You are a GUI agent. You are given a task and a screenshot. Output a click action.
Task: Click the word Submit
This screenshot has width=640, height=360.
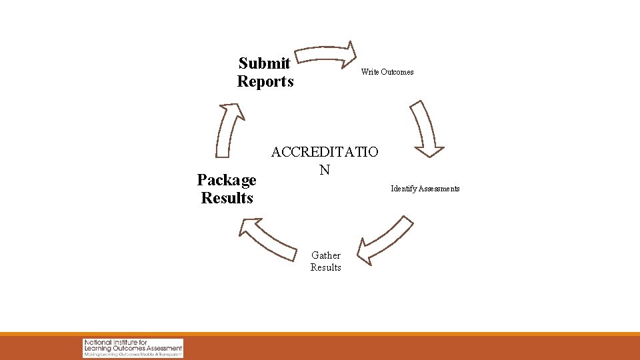click(x=264, y=63)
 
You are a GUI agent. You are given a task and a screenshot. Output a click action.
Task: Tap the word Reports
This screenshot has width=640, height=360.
click(x=265, y=82)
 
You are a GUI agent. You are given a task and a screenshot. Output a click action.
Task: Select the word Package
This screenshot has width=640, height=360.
click(x=227, y=180)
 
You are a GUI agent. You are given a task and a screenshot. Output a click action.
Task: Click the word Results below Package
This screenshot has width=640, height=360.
click(x=227, y=198)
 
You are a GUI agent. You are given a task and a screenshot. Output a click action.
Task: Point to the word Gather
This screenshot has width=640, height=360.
click(x=326, y=255)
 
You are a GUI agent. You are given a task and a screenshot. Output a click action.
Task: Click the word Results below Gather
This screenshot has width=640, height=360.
click(x=326, y=267)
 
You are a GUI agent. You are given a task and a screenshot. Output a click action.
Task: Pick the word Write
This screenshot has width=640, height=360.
click(x=369, y=72)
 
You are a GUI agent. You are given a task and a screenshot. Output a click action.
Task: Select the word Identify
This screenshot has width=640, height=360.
click(x=404, y=189)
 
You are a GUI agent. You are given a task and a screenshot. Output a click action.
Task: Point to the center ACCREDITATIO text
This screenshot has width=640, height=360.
click(x=325, y=152)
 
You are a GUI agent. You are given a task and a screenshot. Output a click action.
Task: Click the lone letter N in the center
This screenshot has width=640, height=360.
click(x=324, y=170)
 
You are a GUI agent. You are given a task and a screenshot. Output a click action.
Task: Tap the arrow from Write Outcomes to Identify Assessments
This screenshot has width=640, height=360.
click(x=426, y=127)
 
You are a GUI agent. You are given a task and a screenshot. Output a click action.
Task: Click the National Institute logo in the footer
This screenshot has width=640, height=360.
click(x=133, y=347)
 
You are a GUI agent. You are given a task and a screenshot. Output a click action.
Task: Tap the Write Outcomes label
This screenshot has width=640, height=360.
click(x=387, y=72)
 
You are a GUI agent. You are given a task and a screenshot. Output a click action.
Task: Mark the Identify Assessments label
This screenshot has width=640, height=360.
click(x=425, y=189)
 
